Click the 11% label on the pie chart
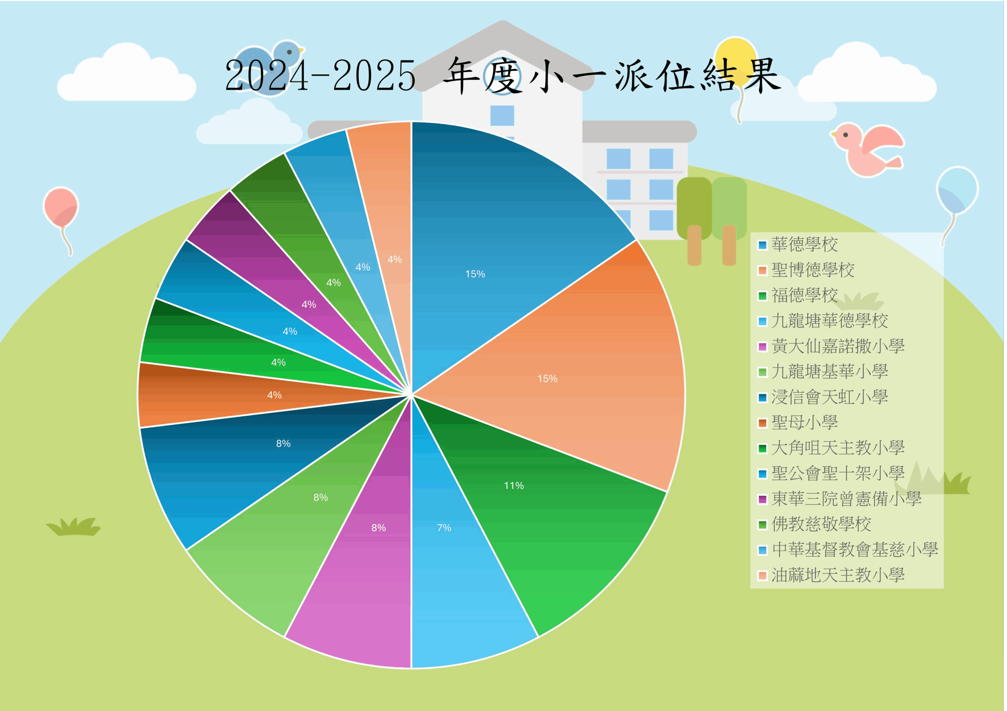[514, 486]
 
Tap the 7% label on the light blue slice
[444, 528]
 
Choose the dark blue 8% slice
[245, 465]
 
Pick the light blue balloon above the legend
[957, 190]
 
